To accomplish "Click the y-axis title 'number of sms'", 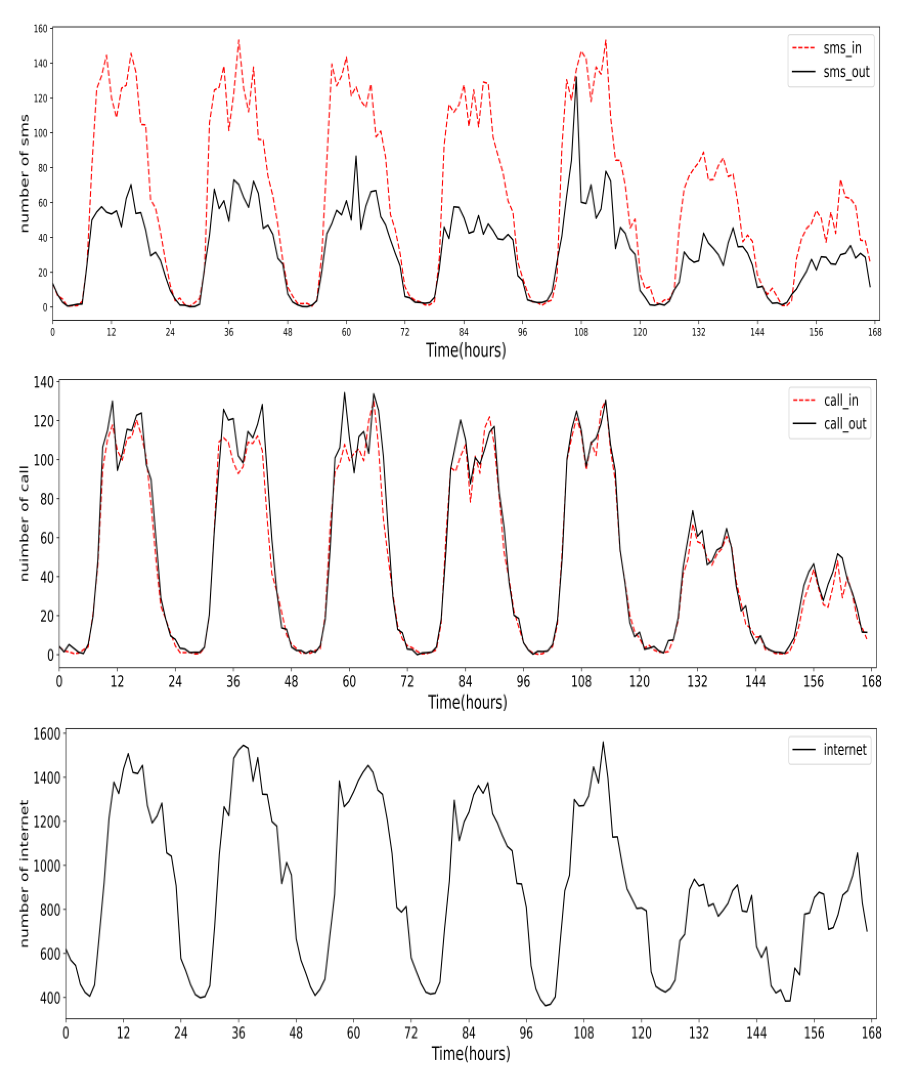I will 24,173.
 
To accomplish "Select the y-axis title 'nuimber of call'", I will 24,524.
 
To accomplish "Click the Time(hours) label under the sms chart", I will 466,350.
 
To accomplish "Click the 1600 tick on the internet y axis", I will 47,734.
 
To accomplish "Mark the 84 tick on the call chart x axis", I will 465,682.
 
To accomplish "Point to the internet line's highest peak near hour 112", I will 603,742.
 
